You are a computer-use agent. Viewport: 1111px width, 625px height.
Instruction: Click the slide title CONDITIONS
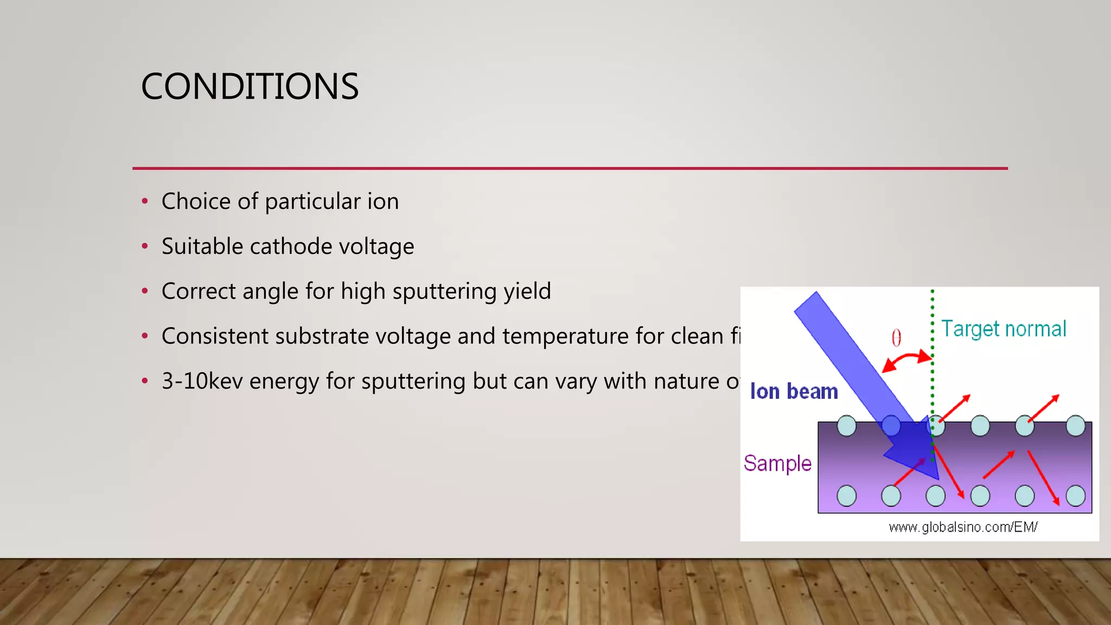point(250,87)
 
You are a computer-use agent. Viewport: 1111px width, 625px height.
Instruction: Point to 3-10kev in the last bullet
point(202,381)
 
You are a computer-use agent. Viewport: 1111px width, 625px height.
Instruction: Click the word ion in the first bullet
point(383,202)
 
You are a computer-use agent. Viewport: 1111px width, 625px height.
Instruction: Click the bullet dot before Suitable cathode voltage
point(145,247)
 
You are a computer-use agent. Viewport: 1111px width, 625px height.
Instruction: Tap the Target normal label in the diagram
point(1003,329)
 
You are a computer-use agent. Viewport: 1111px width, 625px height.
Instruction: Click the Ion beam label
point(794,392)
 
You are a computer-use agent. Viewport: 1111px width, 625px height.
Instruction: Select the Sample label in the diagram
point(777,464)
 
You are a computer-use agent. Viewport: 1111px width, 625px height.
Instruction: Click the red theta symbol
point(896,338)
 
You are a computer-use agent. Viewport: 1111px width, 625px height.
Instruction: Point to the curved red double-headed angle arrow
point(907,359)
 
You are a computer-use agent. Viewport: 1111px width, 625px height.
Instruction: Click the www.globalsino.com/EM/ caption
point(963,527)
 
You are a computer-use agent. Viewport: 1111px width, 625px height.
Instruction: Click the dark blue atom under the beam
point(891,426)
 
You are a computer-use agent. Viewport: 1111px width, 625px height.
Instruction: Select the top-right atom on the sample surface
point(1075,426)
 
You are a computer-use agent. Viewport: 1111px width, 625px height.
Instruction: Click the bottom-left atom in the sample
point(846,496)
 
